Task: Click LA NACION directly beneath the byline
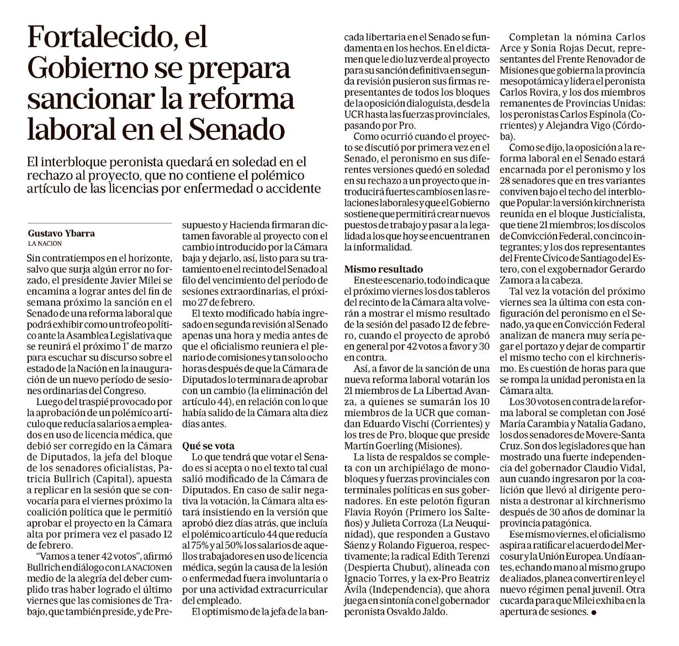tap(45, 243)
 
